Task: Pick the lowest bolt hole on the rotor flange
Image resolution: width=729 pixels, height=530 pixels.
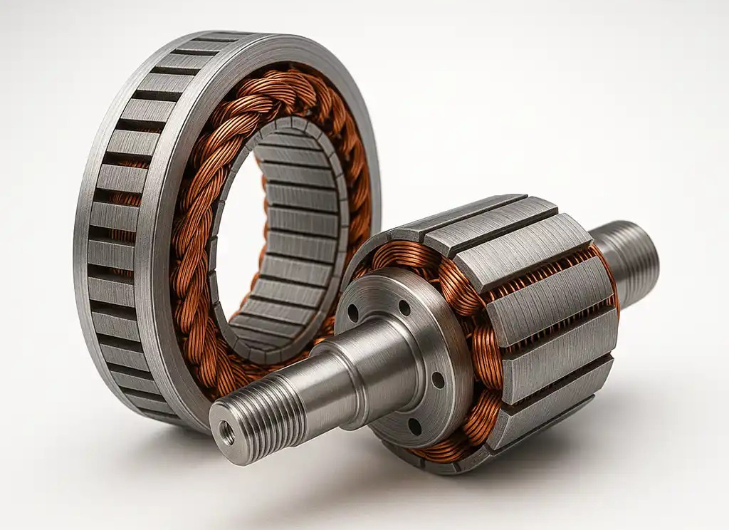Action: (x=414, y=426)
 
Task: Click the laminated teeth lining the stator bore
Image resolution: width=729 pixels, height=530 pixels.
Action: (x=299, y=235)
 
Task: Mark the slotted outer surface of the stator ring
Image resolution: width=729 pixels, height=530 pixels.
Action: (x=107, y=235)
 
